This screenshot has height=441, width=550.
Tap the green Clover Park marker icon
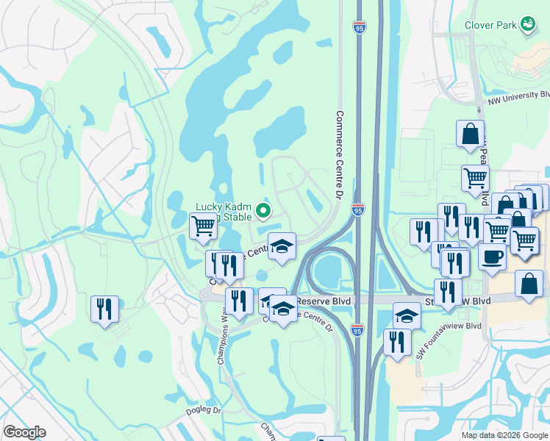tap(526, 25)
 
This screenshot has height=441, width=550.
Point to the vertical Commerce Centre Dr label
tap(340, 155)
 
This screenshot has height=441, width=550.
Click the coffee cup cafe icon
tap(492, 257)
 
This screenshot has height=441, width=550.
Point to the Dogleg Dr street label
tap(204, 410)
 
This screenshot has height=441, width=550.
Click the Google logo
tap(24, 432)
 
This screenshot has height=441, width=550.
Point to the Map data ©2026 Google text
tap(504, 435)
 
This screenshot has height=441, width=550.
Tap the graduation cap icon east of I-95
tap(407, 316)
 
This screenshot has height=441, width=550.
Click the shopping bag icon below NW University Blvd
tap(470, 135)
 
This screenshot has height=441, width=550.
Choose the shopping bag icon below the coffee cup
tap(529, 284)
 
